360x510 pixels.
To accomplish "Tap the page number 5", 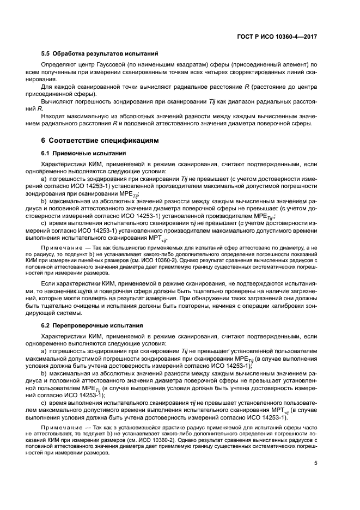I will point(316,463).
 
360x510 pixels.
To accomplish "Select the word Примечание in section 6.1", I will point(66,247).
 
